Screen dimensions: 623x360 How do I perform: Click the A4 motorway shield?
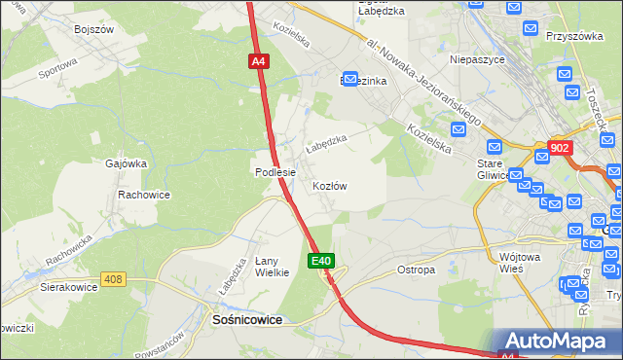point(258,61)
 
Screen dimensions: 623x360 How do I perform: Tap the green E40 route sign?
point(323,261)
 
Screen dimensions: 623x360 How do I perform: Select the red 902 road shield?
point(560,148)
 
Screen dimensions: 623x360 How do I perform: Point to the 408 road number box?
point(114,280)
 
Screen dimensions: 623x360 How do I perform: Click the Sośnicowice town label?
point(247,319)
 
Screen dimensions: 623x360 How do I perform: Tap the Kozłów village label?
point(329,185)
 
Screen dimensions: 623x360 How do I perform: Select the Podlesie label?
point(275,172)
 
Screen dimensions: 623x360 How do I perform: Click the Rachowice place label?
point(144,195)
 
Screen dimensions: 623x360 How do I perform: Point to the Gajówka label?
point(125,164)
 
